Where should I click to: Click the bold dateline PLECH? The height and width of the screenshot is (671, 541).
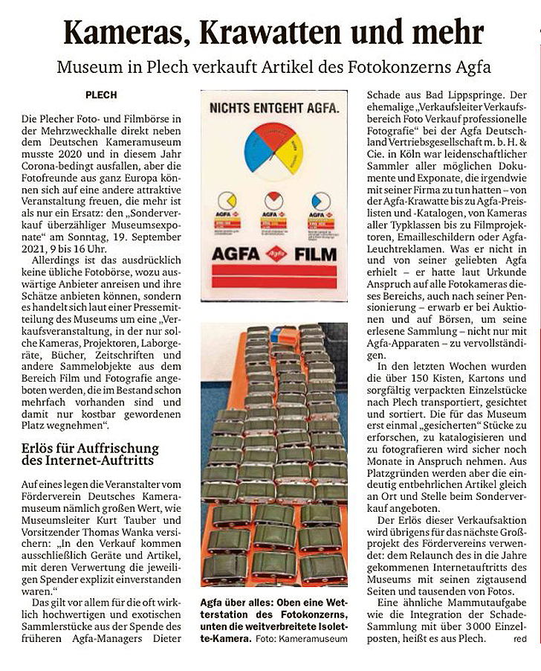click(101, 95)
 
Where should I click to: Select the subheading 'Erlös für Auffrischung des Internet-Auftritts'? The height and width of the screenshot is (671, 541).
click(90, 455)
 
